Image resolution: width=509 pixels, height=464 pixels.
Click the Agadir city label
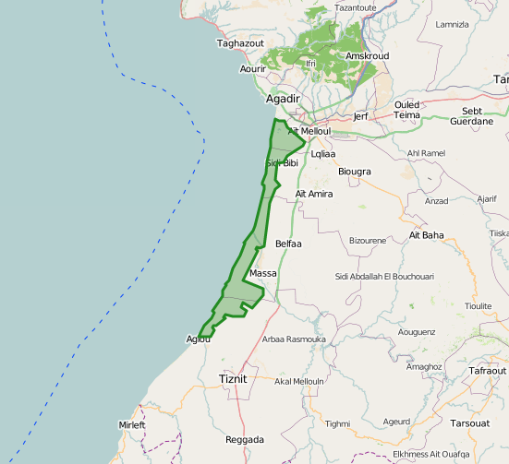click(x=283, y=99)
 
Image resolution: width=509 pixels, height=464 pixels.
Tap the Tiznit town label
click(x=234, y=378)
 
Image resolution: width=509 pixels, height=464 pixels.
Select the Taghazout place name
click(x=240, y=42)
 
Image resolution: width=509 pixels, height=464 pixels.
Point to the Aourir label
click(x=253, y=69)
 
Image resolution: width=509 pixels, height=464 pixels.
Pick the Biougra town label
click(x=355, y=172)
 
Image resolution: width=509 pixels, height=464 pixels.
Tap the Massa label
click(x=263, y=274)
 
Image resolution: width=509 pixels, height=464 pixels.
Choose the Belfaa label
click(x=289, y=244)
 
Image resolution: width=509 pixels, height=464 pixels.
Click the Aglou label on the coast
click(x=199, y=339)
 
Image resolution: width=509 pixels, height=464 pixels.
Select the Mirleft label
click(x=132, y=424)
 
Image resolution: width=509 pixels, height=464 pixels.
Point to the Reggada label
click(x=245, y=440)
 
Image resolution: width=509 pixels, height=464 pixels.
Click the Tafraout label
click(x=487, y=370)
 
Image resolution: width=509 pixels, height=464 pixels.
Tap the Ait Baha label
click(x=427, y=235)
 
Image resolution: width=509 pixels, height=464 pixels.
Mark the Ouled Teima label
click(x=407, y=110)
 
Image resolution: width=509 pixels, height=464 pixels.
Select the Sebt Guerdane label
click(x=472, y=115)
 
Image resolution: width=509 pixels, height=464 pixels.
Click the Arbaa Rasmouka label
click(x=294, y=339)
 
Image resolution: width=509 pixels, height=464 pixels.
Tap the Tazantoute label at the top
click(x=356, y=7)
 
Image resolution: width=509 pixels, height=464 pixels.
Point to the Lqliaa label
click(x=323, y=154)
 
